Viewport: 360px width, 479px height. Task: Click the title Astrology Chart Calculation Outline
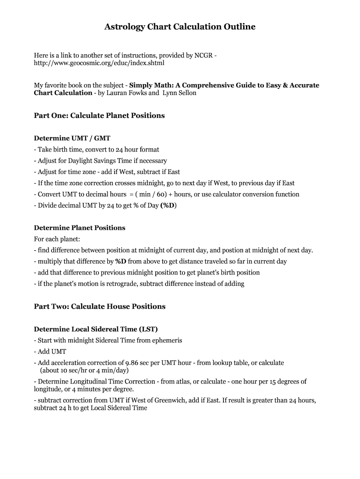(180, 27)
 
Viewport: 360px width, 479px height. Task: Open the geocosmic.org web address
(99, 63)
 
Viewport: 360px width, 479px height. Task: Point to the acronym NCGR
(203, 55)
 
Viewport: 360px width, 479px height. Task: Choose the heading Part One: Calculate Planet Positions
(99, 116)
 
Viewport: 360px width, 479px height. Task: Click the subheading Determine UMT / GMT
(72, 138)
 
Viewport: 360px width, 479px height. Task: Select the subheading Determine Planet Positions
(79, 228)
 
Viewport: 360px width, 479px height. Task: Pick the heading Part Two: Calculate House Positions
(100, 306)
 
